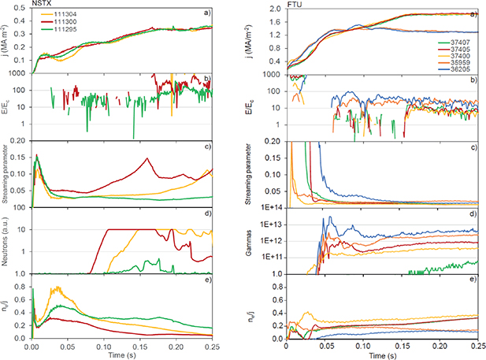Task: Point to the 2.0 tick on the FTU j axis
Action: [x=277, y=10]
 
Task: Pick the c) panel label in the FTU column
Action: [x=472, y=147]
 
